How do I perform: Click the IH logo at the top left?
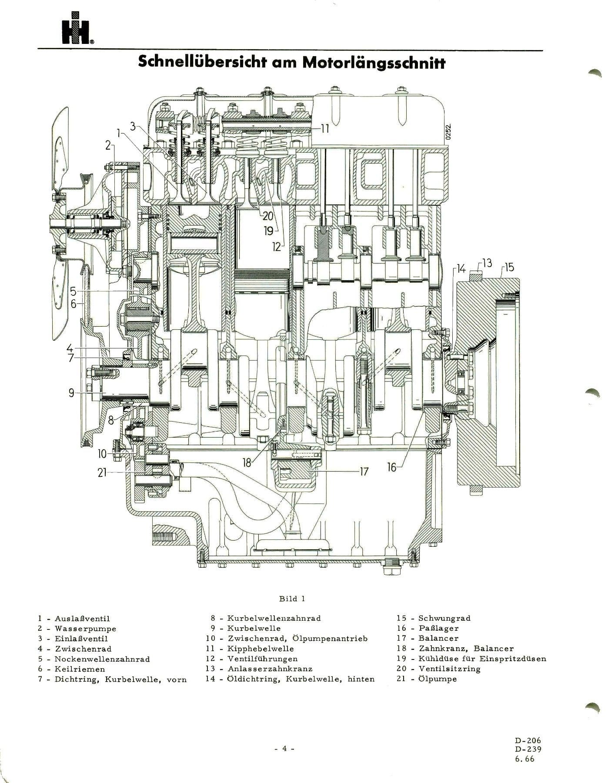pos(77,33)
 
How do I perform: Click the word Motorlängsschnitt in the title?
pos(374,63)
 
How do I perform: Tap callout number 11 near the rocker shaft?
pos(325,128)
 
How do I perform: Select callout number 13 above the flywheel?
pos(487,263)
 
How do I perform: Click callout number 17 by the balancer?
pos(364,471)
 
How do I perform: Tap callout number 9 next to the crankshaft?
pos(71,393)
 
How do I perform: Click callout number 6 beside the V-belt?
pos(73,304)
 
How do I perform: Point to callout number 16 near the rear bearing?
pos(392,467)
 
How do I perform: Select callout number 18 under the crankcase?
pos(247,463)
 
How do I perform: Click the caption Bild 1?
pos(292,599)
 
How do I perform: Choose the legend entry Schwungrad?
pos(444,618)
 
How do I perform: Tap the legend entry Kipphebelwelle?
pos(260,649)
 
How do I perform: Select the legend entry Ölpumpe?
pos(438,679)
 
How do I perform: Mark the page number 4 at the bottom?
pos(285,749)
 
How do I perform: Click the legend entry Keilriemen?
pos(80,669)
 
